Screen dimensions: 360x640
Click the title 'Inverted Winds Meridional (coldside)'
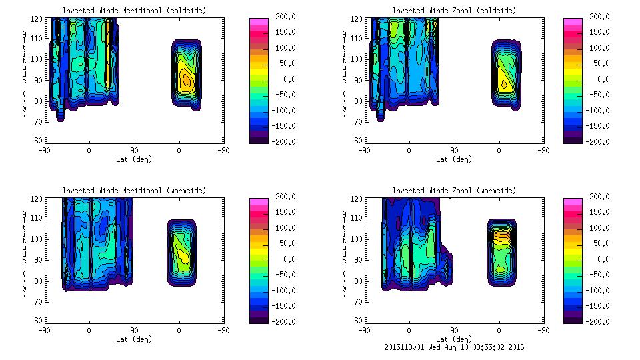[x=134, y=11]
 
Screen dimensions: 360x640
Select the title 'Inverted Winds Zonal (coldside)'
[x=454, y=11]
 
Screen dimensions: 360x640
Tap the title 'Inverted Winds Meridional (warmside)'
[x=134, y=191]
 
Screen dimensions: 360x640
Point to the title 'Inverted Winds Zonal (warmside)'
[x=454, y=191]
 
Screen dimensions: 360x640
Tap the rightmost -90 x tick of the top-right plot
[x=544, y=151]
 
